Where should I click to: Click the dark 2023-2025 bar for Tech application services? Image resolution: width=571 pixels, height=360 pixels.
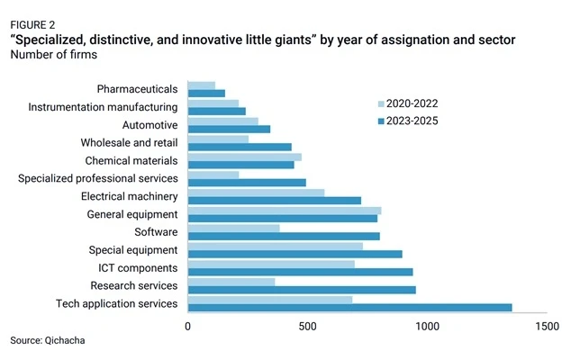coord(350,308)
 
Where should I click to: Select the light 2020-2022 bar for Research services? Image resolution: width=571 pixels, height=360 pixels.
coord(231,282)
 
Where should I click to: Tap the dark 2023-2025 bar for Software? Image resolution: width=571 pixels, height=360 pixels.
coord(284,236)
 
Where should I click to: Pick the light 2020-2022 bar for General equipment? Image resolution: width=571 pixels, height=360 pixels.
coord(285,211)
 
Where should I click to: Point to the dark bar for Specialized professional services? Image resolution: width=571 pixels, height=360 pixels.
coord(247,183)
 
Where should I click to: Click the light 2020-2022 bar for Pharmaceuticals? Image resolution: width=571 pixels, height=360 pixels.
coord(202,85)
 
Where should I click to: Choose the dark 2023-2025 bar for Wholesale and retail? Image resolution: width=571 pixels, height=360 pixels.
coord(240,147)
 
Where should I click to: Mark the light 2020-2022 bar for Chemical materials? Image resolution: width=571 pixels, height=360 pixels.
coord(245,157)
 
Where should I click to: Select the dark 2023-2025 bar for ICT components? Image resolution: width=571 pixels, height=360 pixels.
coord(301,272)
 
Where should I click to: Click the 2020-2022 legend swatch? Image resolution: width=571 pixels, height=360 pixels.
coord(381,104)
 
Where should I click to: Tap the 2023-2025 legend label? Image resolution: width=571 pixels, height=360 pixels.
coord(412,121)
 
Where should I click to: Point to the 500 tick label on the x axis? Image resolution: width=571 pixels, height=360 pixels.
coord(307,326)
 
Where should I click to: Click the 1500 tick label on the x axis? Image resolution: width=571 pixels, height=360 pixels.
coord(547,326)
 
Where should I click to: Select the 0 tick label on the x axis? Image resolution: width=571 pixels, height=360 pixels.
coord(188,326)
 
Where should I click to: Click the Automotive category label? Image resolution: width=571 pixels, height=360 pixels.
coord(150,125)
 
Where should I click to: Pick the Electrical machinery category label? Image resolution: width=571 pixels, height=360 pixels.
coord(130,196)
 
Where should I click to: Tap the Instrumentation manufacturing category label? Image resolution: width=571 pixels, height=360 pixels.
coord(103,107)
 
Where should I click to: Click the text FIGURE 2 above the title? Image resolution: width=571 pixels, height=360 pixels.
coord(32,25)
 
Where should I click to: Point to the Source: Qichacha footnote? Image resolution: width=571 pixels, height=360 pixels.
coord(48,340)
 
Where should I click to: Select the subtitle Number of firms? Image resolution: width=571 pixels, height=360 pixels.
coord(54,54)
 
